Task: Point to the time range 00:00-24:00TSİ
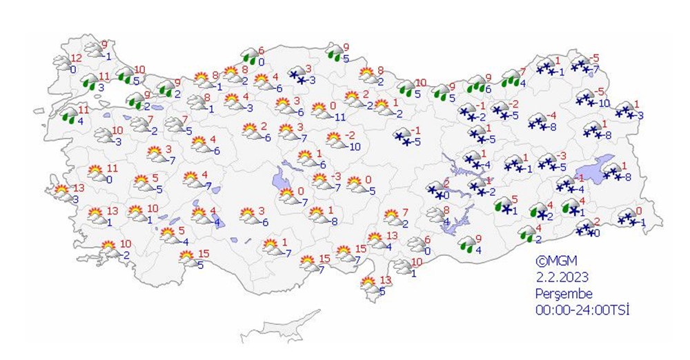pyautogui.click(x=582, y=310)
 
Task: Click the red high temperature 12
pyautogui.click(x=76, y=57)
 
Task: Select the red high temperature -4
pyautogui.click(x=552, y=115)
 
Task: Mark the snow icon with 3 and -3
pyautogui.click(x=297, y=76)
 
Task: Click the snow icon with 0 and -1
pyautogui.click(x=627, y=217)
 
